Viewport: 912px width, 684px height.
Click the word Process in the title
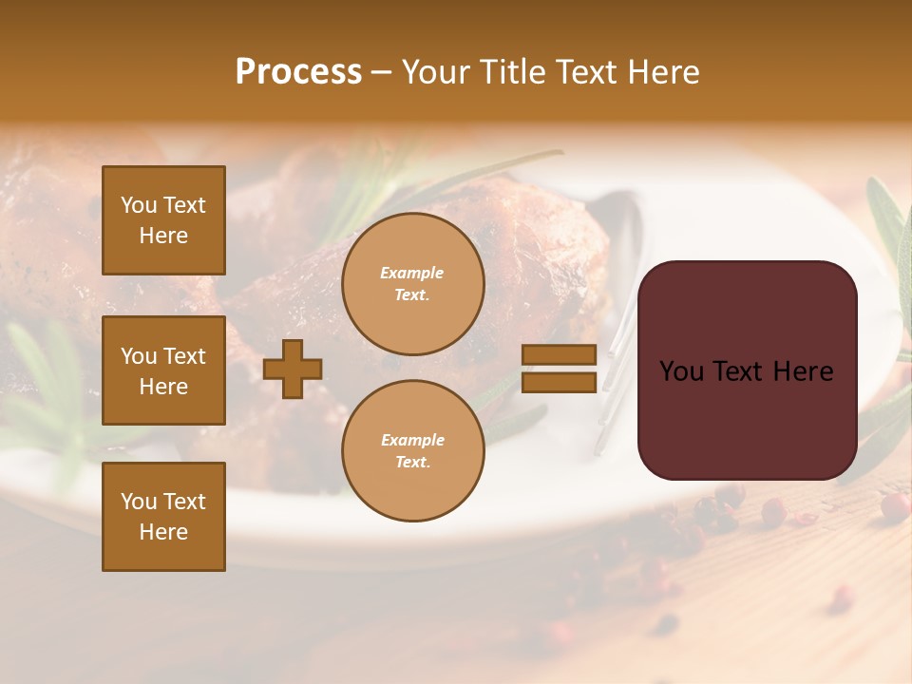[x=298, y=72]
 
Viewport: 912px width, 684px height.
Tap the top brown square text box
[x=163, y=220]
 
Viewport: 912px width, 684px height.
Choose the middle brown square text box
[x=163, y=370]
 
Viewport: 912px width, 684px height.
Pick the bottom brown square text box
[x=163, y=517]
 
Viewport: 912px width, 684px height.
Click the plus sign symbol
[x=293, y=369]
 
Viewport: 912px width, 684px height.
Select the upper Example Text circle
[x=412, y=284]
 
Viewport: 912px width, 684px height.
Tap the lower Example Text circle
[x=412, y=451]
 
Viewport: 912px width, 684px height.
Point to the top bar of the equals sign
[x=559, y=355]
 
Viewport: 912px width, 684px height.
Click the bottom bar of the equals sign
[x=559, y=382]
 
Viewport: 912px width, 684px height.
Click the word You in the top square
[x=139, y=205]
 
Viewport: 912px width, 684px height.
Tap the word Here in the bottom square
[x=163, y=532]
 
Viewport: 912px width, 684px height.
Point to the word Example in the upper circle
[x=411, y=273]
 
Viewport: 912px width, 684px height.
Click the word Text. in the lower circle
[x=412, y=463]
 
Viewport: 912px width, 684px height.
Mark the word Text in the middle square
[x=183, y=356]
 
